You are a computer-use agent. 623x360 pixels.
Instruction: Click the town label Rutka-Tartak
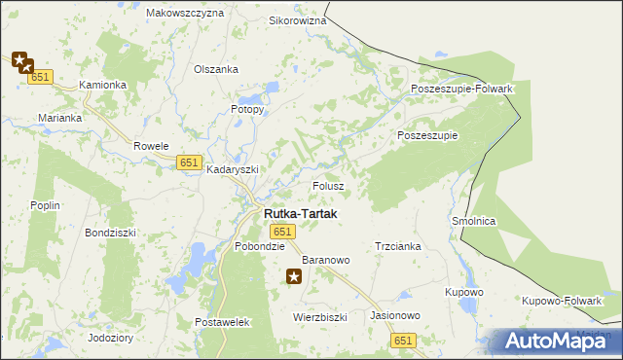click(x=300, y=213)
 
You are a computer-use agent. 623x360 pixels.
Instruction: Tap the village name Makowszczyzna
click(x=184, y=14)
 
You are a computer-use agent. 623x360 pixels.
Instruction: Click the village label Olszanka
click(x=216, y=69)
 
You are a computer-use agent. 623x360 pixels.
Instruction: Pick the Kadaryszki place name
click(x=233, y=169)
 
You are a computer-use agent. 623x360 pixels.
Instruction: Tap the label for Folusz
click(x=328, y=185)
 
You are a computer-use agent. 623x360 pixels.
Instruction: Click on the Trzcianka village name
click(x=397, y=247)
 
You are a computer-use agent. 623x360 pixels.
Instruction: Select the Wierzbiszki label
click(x=320, y=317)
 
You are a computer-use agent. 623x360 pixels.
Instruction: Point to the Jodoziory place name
click(x=110, y=338)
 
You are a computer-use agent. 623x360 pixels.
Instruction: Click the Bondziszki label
click(x=110, y=234)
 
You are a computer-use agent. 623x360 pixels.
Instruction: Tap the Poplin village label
click(x=46, y=205)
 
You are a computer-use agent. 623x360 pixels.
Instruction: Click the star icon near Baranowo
click(x=294, y=278)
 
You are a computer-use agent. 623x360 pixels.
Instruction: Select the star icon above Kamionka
click(x=21, y=61)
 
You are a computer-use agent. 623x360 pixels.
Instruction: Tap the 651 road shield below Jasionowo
click(x=404, y=340)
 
